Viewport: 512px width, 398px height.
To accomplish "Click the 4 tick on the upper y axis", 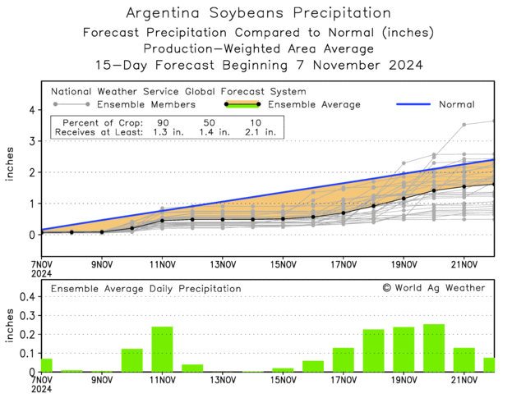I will [30, 109].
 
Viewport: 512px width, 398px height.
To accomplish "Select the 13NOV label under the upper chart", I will [223, 264].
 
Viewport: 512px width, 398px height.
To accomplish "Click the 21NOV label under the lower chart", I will [465, 381].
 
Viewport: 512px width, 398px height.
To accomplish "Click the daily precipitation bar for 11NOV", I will [162, 350].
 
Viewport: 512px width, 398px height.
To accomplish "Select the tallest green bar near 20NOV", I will [434, 348].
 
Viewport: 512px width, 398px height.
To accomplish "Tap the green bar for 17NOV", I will [344, 359].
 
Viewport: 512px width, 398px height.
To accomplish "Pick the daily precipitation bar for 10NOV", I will [132, 360].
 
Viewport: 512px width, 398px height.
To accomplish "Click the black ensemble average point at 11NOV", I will [162, 221].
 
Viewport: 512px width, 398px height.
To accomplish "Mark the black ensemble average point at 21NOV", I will [464, 186].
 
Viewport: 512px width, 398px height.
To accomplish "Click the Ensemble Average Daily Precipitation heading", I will [146, 289].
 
